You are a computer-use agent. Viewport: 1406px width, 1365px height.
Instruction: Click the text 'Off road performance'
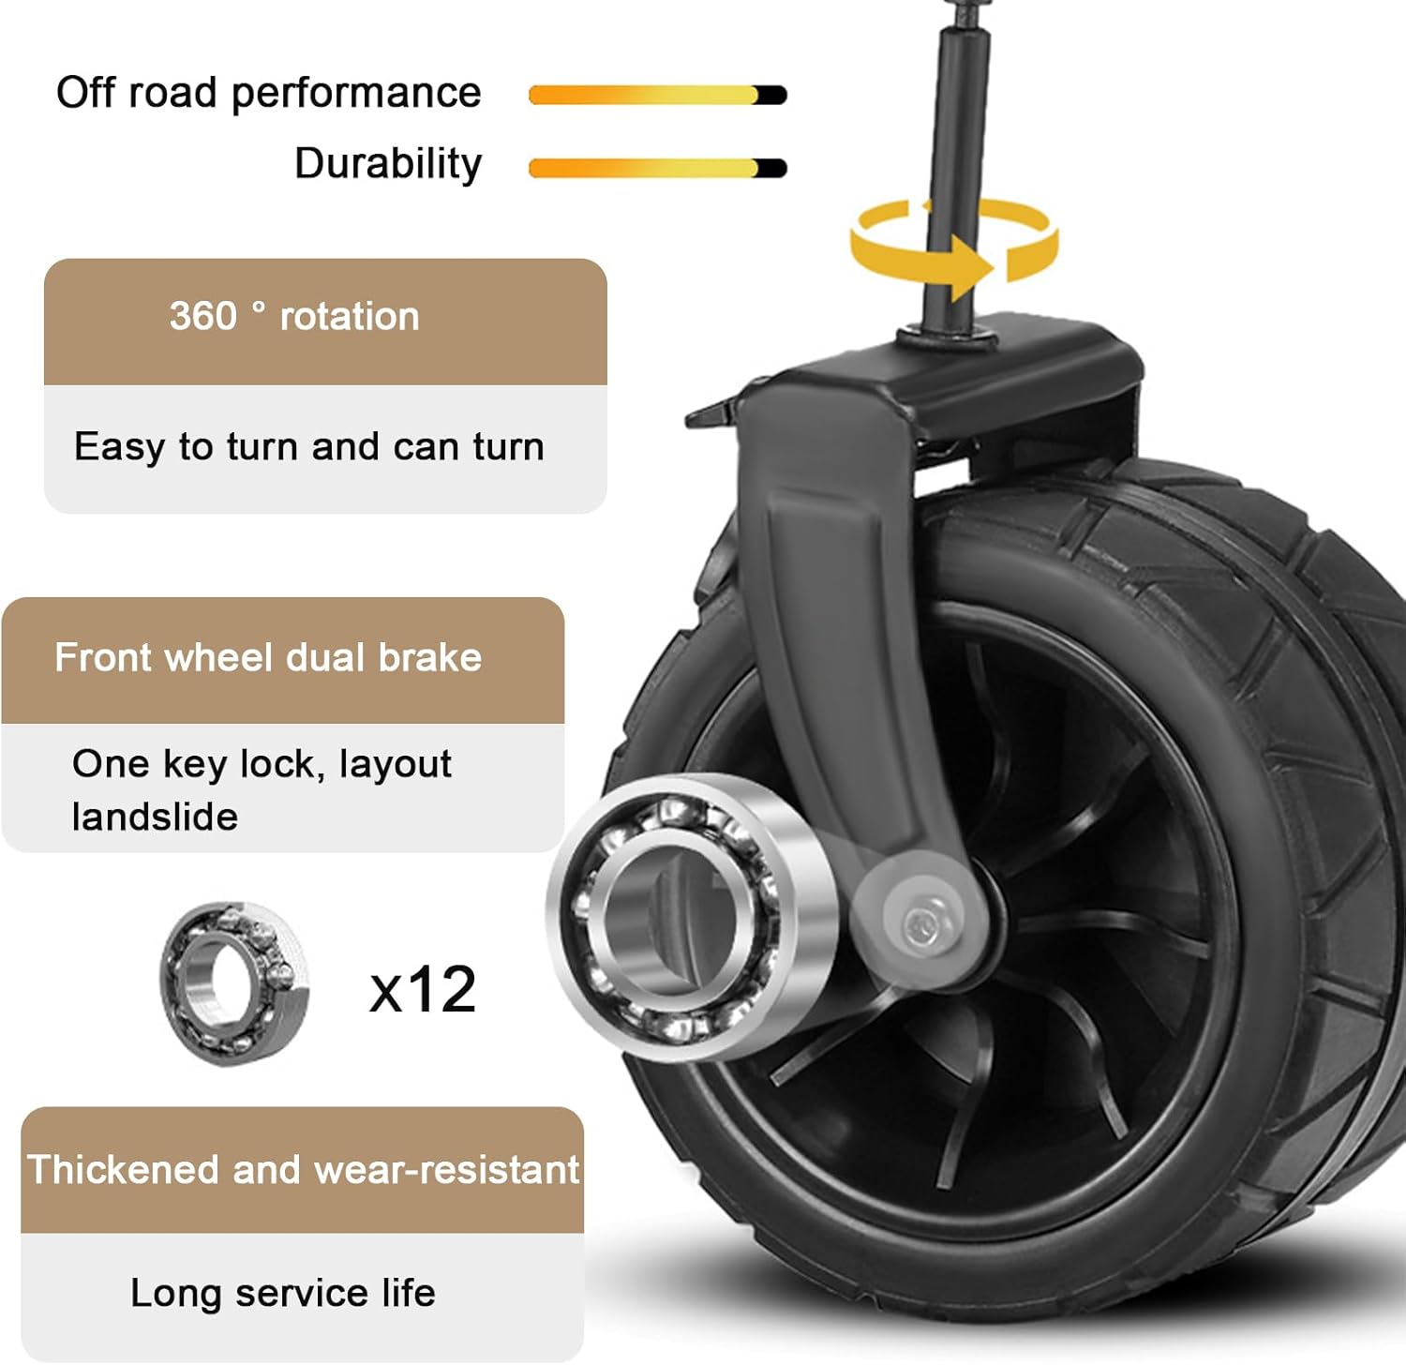click(269, 94)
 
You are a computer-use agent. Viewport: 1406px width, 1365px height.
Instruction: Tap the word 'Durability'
click(388, 164)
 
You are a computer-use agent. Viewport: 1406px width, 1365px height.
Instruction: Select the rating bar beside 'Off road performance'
click(658, 95)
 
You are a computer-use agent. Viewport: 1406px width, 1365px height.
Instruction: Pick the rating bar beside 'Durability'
click(658, 168)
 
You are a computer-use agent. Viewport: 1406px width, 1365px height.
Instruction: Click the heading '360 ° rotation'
click(294, 316)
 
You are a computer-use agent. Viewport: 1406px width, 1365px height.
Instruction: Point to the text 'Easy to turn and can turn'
click(309, 446)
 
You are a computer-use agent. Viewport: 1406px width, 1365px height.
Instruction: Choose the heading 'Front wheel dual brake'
click(268, 657)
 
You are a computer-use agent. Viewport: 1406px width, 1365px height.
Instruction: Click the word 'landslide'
click(155, 817)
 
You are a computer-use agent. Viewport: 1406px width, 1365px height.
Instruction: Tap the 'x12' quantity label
click(423, 989)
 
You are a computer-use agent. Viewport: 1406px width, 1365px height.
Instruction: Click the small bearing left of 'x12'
click(234, 983)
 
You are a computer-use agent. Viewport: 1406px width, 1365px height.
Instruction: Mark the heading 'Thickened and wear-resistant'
click(304, 1169)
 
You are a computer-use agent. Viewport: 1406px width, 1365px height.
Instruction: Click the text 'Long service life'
click(283, 1293)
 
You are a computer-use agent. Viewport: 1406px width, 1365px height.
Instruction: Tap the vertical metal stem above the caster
click(954, 169)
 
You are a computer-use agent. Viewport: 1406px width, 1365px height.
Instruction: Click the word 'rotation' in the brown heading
click(350, 316)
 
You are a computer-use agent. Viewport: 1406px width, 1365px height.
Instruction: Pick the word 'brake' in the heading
click(430, 657)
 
